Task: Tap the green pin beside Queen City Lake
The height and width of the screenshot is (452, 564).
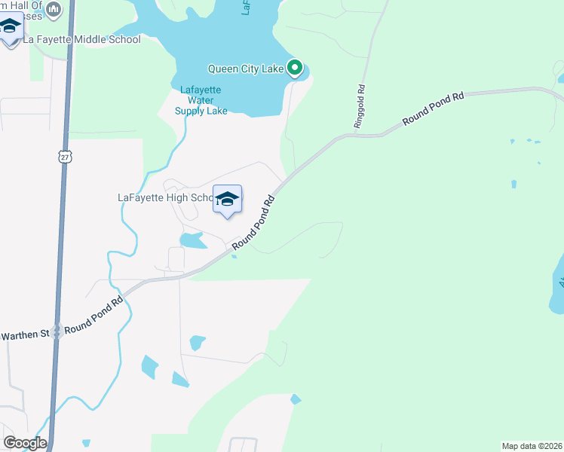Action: (x=296, y=69)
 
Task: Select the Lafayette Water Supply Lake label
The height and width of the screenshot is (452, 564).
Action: (x=201, y=100)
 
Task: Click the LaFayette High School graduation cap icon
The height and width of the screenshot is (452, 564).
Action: (x=227, y=200)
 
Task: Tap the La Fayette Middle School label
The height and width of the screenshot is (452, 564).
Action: (x=82, y=39)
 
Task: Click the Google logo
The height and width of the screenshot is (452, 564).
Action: (x=24, y=443)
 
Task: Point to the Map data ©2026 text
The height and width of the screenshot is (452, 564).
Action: (x=532, y=446)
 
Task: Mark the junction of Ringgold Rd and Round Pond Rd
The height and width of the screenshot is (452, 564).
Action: (x=357, y=136)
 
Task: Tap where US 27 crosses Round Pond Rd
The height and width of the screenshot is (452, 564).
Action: (x=57, y=332)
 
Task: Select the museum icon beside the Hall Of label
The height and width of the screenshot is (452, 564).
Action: (x=53, y=9)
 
